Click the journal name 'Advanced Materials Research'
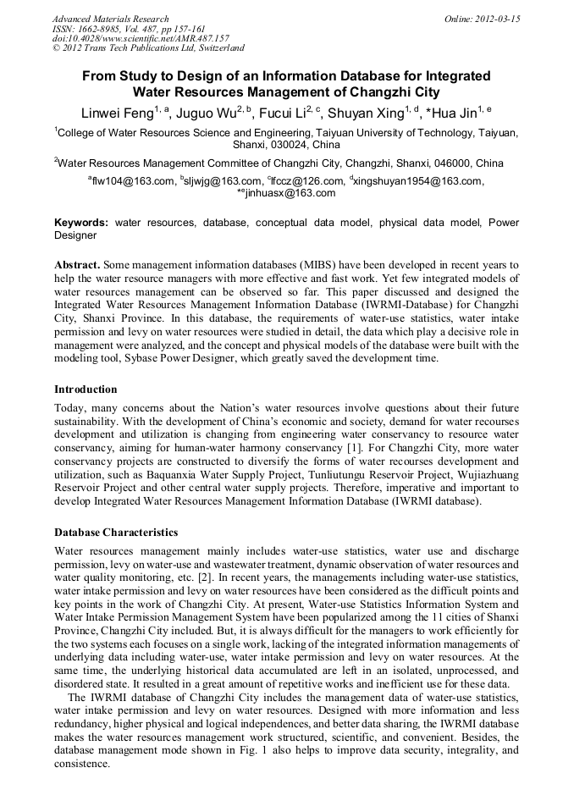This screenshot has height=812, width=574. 111,19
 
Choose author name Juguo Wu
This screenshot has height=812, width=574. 204,113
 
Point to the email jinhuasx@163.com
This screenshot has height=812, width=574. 290,192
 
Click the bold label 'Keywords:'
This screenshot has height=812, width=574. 81,223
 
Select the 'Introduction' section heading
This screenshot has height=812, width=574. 86,389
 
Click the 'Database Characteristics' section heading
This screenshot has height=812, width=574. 116,533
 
